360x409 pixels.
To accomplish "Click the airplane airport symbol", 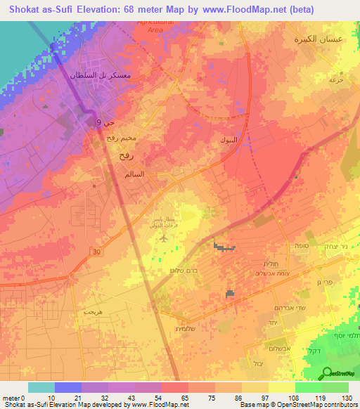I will coord(163,237).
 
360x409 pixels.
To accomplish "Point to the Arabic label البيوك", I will coord(231,139).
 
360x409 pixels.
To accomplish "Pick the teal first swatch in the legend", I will coord(41,387).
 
